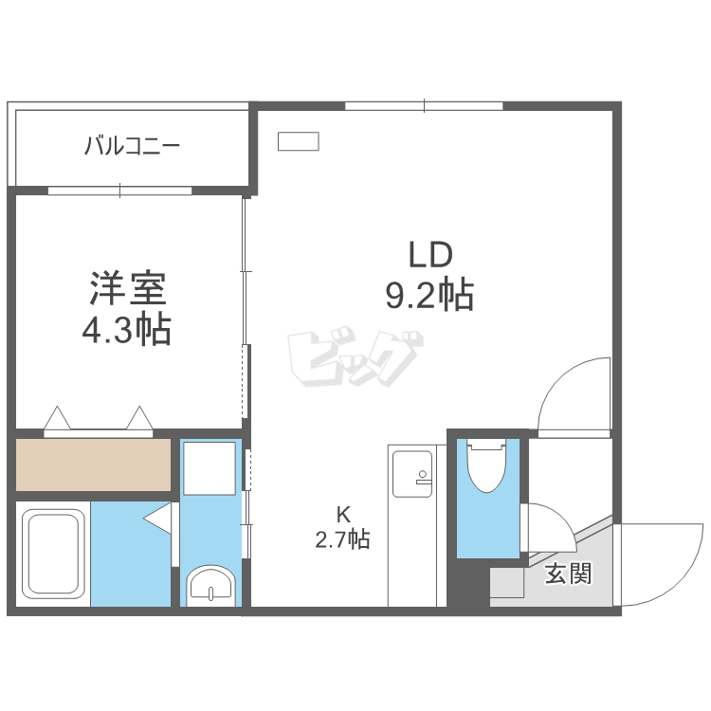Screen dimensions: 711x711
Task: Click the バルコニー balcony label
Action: [132, 147]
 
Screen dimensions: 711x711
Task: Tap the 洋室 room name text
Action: [127, 287]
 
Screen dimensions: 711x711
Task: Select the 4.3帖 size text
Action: [127, 329]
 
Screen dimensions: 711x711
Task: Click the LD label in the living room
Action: [430, 255]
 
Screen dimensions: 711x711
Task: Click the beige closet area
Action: [93, 464]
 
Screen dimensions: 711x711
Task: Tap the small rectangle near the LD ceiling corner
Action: [298, 141]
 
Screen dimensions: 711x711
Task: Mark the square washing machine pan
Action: [209, 467]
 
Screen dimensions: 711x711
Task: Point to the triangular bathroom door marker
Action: [158, 519]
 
